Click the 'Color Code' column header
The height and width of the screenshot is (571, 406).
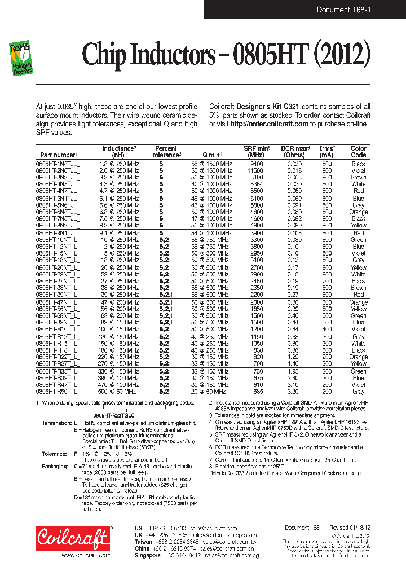coord(358,152)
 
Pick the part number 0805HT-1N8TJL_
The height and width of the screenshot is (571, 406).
coord(58,164)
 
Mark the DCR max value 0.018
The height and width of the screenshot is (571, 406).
coord(294,170)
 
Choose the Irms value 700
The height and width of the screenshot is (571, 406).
coord(327,281)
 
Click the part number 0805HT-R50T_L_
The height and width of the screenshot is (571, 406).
coord(58,391)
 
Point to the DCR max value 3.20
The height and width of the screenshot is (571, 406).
coord(294,391)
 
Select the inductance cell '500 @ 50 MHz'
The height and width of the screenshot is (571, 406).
coord(119,391)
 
